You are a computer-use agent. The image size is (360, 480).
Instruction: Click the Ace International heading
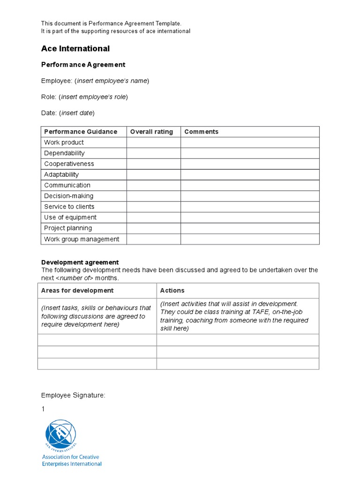tap(75, 49)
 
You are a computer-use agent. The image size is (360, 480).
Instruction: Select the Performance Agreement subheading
tap(83, 65)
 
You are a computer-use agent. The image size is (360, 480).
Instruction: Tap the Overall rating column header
tap(151, 132)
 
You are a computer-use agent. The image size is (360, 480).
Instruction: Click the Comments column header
tap(202, 132)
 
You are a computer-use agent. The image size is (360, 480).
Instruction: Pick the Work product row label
tap(64, 142)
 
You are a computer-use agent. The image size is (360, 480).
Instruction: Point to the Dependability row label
tap(65, 153)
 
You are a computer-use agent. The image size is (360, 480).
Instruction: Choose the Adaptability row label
tap(61, 175)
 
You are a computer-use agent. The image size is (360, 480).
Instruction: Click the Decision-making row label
tap(69, 196)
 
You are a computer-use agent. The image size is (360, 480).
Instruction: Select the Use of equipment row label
tap(70, 217)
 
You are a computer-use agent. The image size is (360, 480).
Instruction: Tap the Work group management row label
tap(82, 239)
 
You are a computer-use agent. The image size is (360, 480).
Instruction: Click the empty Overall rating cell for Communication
tap(153, 185)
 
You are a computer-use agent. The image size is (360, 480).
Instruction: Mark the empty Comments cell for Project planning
tap(250, 228)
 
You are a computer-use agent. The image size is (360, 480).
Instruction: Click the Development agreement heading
tap(80, 262)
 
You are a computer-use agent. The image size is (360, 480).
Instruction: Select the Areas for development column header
tap(77, 291)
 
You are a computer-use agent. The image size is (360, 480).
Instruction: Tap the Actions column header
tap(172, 291)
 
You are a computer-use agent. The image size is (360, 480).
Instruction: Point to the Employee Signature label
tap(74, 396)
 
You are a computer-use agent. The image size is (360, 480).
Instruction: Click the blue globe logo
tap(60, 434)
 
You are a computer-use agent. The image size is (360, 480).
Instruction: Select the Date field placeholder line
tap(68, 113)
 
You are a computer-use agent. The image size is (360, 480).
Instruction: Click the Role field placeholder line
tap(84, 97)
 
